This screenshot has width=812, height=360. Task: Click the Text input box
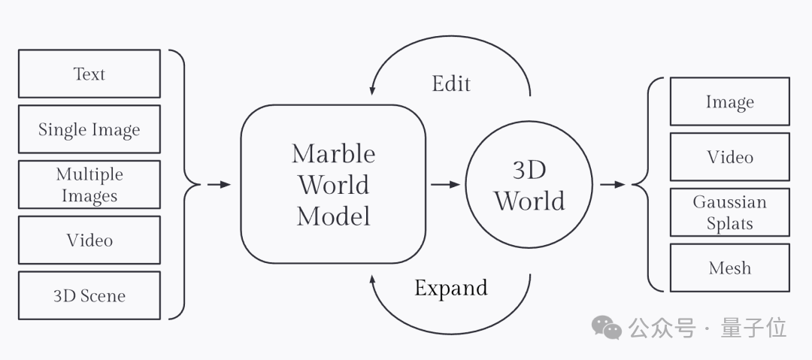[x=89, y=74]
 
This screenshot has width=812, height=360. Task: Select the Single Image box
[x=89, y=129]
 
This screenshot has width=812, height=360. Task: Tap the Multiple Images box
[x=89, y=185]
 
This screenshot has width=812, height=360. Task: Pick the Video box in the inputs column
[x=89, y=241]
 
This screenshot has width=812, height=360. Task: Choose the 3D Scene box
[x=89, y=295]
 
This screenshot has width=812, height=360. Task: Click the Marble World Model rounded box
[x=333, y=184]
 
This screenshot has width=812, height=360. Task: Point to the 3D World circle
[x=529, y=185]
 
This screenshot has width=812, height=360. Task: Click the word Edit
[x=451, y=83]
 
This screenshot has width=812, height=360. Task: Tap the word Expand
[x=451, y=288]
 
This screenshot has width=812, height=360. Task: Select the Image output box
[x=729, y=101]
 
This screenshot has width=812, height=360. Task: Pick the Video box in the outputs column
[x=729, y=157]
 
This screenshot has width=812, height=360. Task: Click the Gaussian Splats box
[x=729, y=213]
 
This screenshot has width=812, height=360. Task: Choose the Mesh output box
[x=729, y=268]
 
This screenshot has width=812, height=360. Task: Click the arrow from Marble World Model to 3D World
[x=445, y=184]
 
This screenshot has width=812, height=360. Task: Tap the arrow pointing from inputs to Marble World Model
[x=219, y=184]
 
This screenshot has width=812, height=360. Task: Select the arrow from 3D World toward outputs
[x=614, y=184]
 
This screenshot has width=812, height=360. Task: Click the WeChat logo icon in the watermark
[x=606, y=328]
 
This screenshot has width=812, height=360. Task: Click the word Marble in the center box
[x=333, y=153]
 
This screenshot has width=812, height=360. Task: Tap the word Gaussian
[x=729, y=203]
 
